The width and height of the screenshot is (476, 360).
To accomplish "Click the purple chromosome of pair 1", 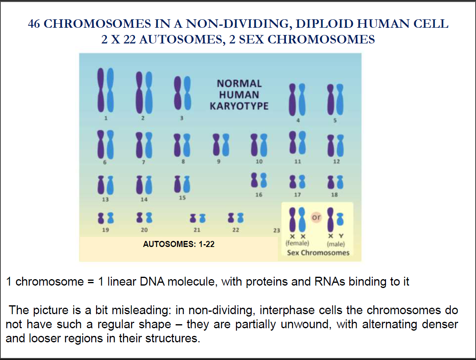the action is click(101, 91).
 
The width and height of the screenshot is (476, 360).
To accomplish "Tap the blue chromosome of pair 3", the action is click(185, 94).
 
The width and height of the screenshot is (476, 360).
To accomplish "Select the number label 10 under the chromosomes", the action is click(259, 162).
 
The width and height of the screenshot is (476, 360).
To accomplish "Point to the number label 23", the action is click(276, 230).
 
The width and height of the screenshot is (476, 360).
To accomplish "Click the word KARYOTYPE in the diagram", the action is click(239, 107).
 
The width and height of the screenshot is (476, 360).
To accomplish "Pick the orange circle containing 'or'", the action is click(317, 217).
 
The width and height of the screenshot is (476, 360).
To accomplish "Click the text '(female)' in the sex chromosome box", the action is click(297, 244).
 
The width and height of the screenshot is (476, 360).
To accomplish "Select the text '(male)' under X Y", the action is click(336, 244).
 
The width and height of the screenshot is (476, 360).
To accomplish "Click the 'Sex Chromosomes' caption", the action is click(318, 253).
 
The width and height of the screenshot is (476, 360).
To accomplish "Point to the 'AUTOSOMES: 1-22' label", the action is click(179, 244).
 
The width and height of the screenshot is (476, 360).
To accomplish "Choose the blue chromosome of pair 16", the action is click(263, 181).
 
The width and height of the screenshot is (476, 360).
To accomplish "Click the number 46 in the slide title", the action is click(34, 24).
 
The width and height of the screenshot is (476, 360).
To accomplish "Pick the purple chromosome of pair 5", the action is click(330, 99).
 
